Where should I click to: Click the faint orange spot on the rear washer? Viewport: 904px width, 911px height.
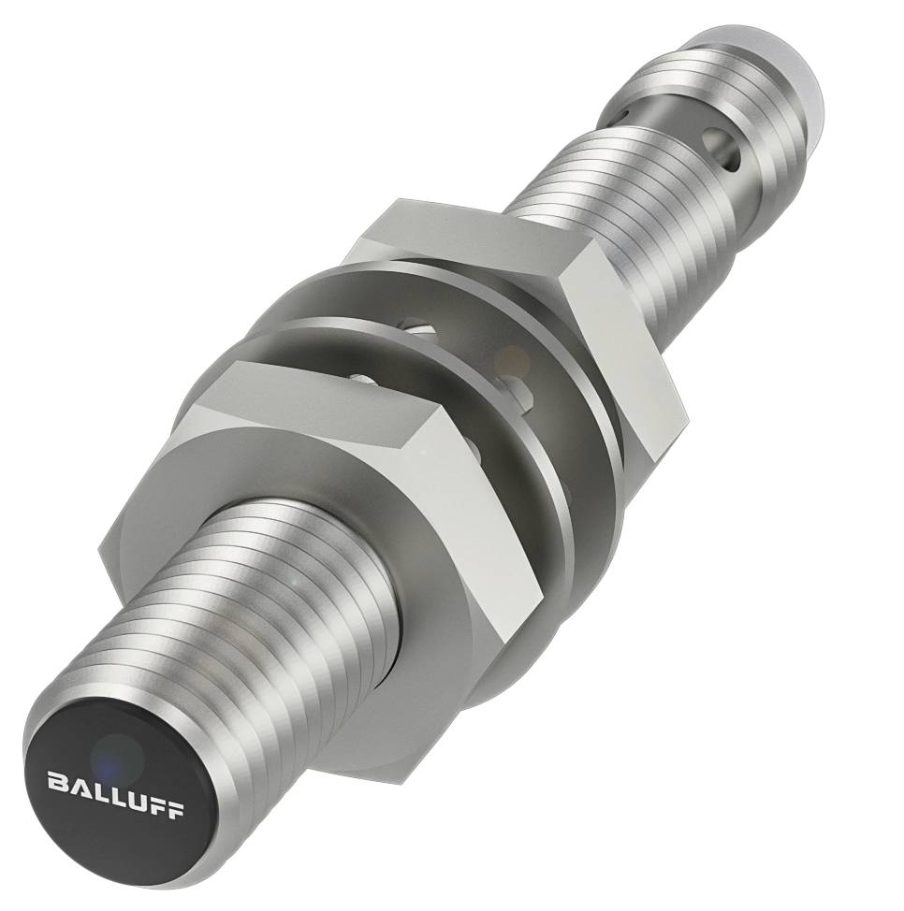click(513, 356)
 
